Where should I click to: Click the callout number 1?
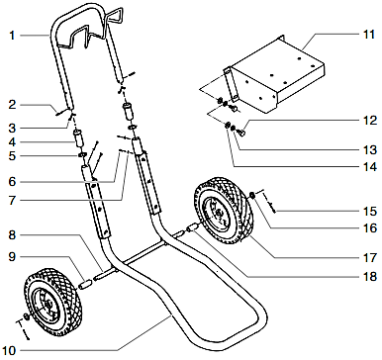11,37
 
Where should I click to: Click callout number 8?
11,234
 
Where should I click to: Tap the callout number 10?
11,349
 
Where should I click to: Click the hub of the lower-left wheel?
44,301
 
